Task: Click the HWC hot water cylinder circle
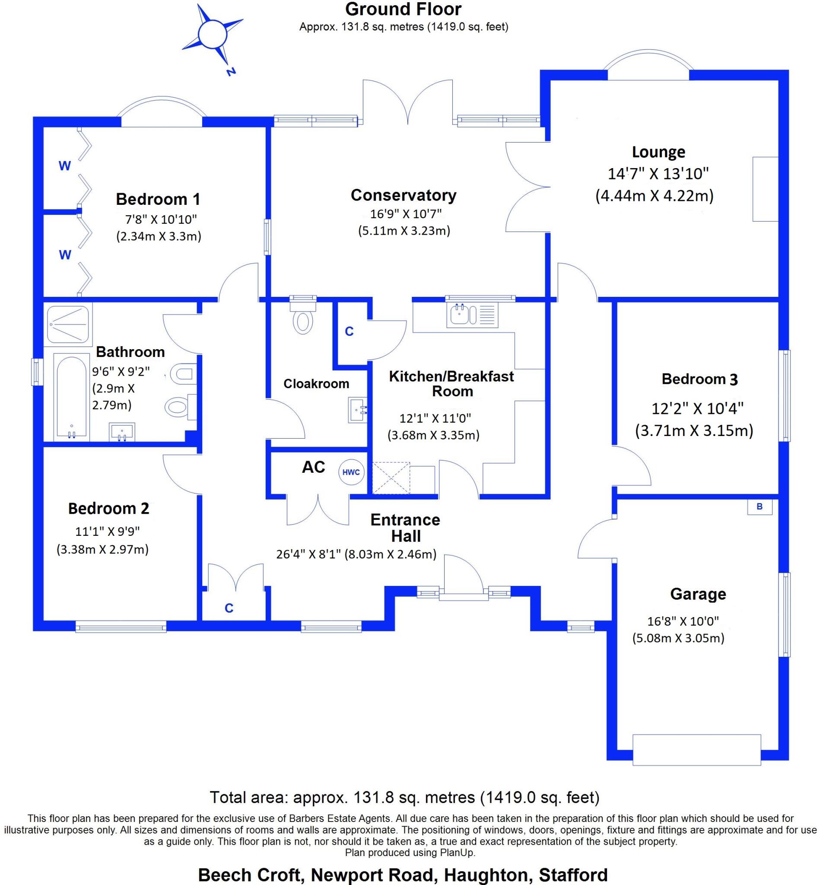pos(351,472)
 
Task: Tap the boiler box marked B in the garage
pos(760,506)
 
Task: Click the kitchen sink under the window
pos(473,315)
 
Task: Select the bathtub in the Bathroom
pos(71,396)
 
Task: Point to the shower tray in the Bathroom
pos(68,326)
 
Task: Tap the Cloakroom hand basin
pos(358,410)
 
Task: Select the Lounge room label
pos(658,152)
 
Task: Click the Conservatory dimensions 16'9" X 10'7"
pos(406,214)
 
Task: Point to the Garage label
pos(698,594)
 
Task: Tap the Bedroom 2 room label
pos(109,509)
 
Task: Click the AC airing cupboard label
pos(314,467)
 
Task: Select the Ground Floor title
pos(404,10)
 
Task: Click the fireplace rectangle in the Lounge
pos(766,189)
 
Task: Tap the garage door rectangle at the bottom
pos(696,750)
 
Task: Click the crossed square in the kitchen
pos(391,478)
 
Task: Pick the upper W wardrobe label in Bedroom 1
pos(65,166)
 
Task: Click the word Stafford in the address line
pos(573,875)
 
